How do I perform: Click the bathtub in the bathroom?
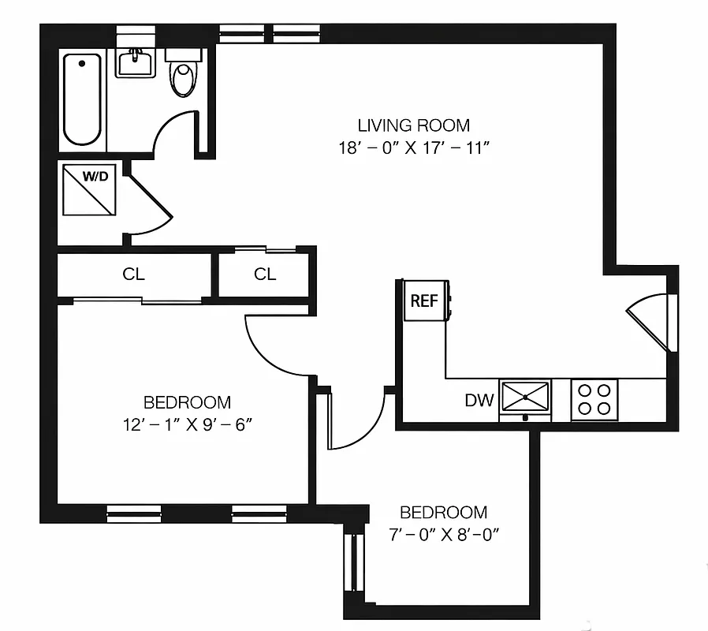click(x=83, y=100)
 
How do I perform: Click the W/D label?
click(x=95, y=176)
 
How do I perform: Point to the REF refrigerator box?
click(x=423, y=301)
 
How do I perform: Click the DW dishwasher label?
click(x=479, y=401)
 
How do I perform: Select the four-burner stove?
click(x=594, y=399)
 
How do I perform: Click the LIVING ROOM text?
click(x=413, y=125)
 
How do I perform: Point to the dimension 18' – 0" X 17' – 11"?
click(x=413, y=147)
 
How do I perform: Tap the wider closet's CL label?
click(x=134, y=274)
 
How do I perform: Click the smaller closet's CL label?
click(x=265, y=274)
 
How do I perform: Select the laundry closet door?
click(x=149, y=207)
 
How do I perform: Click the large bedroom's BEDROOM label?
click(x=187, y=401)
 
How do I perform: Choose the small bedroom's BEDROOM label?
click(x=442, y=512)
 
